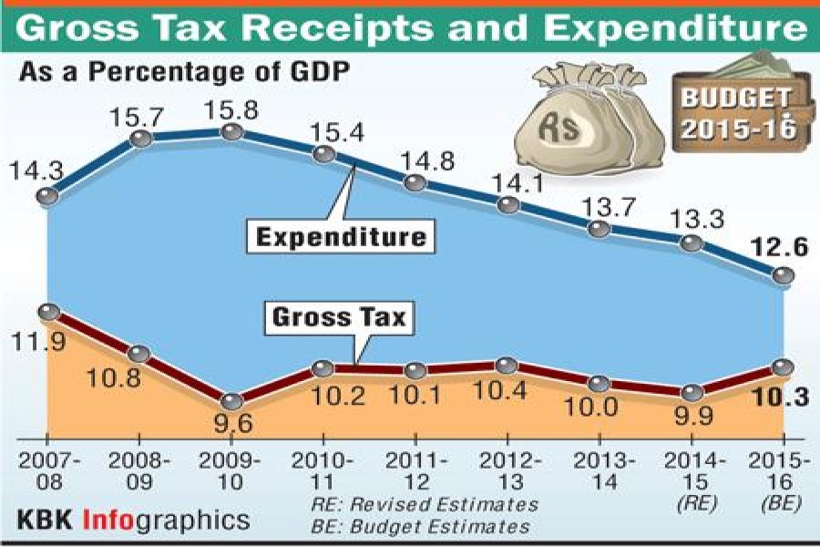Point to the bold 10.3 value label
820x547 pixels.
point(781,397)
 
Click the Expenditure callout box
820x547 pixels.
point(342,238)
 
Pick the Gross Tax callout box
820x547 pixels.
point(339,317)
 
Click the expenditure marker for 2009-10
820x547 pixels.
point(231,132)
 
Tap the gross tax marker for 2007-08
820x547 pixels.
point(49,312)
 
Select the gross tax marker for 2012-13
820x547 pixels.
point(507,366)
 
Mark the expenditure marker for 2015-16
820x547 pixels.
point(782,274)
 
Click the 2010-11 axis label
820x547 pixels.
point(324,470)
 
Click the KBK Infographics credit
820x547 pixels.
point(132,521)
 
